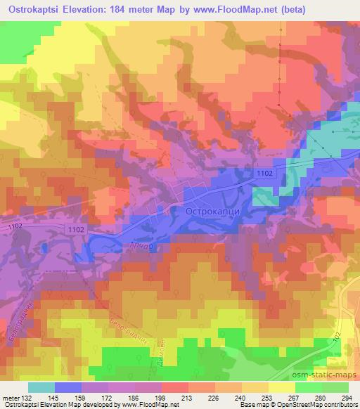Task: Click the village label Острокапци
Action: (x=214, y=210)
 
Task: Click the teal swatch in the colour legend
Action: (x=41, y=387)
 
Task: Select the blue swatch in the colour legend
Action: (x=68, y=387)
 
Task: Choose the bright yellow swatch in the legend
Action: (x=282, y=387)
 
